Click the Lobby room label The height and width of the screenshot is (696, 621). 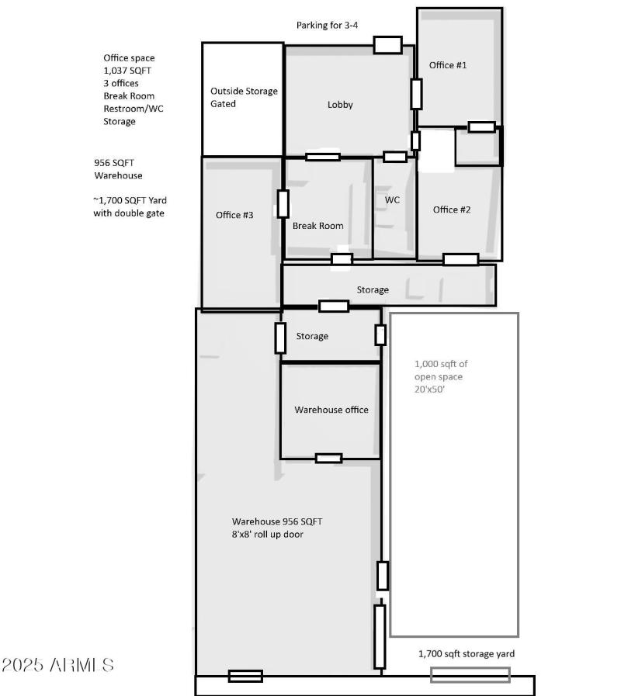coord(340,105)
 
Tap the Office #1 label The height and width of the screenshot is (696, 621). coord(448,65)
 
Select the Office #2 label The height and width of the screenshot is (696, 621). coord(452,209)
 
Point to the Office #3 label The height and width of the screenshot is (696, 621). coord(234,215)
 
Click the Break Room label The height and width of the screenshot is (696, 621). coord(317,227)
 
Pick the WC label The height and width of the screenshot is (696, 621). coord(393,200)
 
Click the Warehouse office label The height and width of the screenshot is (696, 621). coord(331,410)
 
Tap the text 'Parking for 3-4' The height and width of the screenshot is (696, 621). coord(327,26)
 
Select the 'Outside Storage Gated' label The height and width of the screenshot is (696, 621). coord(244,97)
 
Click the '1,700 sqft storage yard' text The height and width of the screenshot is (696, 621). coord(467,654)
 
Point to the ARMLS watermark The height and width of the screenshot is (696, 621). coord(58,665)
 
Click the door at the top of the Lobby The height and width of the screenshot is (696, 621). coord(387,45)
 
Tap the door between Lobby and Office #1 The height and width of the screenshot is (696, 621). coord(417,94)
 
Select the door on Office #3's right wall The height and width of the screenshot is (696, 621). coord(283,203)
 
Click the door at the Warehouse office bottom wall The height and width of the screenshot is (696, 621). coord(328,458)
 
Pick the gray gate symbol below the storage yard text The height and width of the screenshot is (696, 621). coord(470,675)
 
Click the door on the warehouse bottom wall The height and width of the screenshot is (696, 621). coord(245,676)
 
